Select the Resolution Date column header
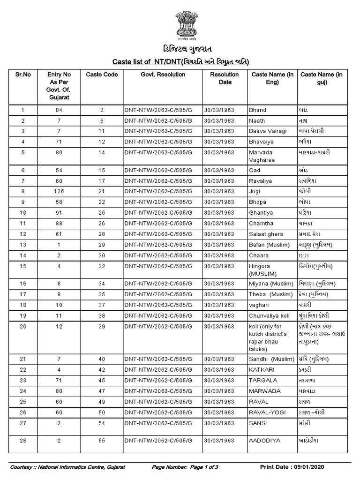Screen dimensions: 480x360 pos(224,78)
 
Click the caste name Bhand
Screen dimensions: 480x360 pos(257,110)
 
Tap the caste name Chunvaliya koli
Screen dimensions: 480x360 pos(270,315)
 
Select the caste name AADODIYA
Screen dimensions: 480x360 pos(264,441)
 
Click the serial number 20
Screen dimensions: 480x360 pos(23,326)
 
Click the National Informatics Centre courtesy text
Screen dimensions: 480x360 pos(67,467)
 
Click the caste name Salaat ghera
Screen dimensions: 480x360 pos(266,234)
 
